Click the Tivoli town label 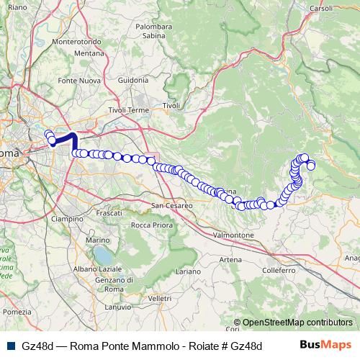coord(171,105)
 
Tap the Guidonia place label coord(132,79)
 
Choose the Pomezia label coord(16,312)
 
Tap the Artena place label coord(231,259)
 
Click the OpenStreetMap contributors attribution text coord(297,323)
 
